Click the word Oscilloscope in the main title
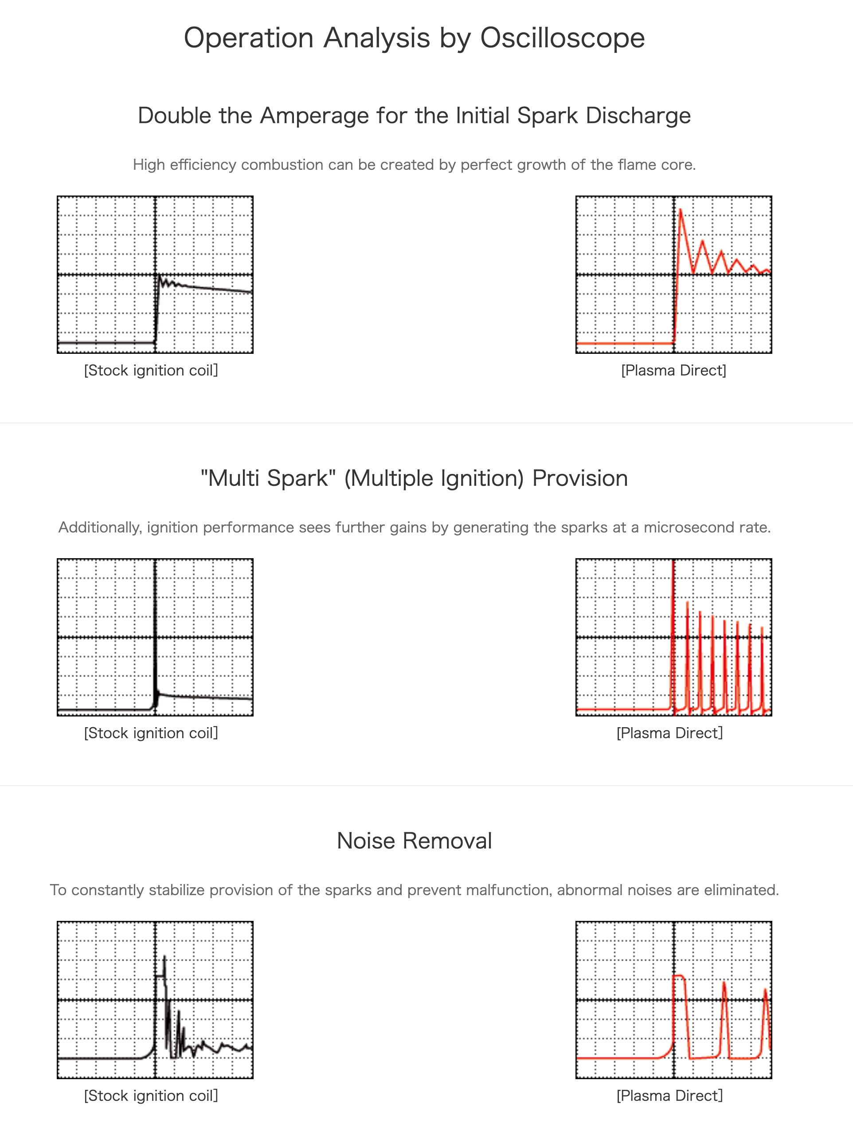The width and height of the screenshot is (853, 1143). click(x=562, y=38)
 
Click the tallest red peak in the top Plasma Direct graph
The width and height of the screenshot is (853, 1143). click(x=681, y=210)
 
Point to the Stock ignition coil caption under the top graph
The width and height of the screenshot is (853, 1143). click(x=151, y=370)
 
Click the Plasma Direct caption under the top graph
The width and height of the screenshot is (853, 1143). click(x=673, y=370)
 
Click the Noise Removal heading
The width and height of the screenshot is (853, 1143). click(x=414, y=841)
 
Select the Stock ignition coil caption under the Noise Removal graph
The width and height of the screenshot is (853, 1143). click(x=151, y=1096)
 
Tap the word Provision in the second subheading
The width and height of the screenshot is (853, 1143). click(x=580, y=478)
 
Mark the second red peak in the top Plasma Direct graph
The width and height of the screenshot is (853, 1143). click(x=702, y=241)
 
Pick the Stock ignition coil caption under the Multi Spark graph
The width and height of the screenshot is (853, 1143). click(x=151, y=732)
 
